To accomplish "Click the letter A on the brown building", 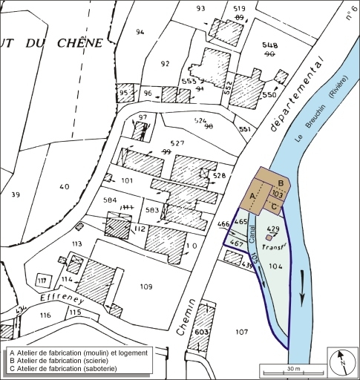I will tap(252, 195).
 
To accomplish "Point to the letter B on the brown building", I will tap(280, 183).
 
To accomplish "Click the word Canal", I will tap(252, 236).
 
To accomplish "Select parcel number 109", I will tap(145, 286).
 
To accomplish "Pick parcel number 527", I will tap(176, 143).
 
